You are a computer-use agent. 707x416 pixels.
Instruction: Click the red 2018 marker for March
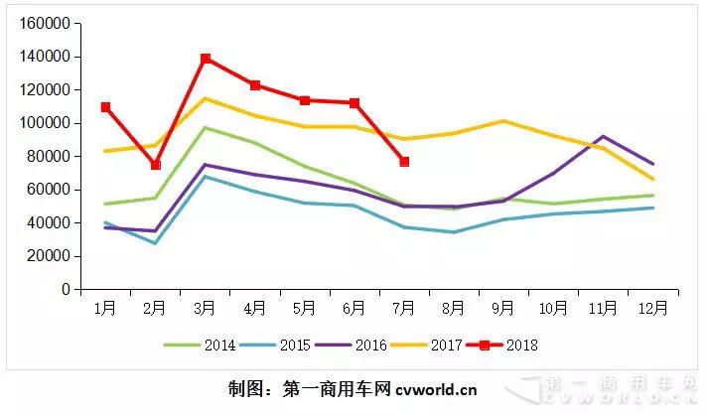click(x=206, y=59)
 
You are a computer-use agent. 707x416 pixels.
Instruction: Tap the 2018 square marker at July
click(x=404, y=162)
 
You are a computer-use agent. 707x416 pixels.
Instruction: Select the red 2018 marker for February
click(x=155, y=165)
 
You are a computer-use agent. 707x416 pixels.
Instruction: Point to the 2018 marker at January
click(x=105, y=107)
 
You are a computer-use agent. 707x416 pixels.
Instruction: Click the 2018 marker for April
click(x=255, y=85)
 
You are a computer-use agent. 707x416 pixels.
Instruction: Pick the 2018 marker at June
click(x=354, y=103)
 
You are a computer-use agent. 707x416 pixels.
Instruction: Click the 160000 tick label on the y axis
click(x=47, y=23)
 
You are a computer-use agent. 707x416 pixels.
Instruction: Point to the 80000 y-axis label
click(x=50, y=156)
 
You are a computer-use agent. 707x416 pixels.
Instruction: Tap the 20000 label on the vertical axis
click(x=50, y=256)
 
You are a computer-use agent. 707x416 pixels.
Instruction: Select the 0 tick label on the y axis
click(x=66, y=289)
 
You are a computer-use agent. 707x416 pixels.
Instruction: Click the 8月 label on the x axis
click(x=454, y=308)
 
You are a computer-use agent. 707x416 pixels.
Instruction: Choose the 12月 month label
click(x=652, y=308)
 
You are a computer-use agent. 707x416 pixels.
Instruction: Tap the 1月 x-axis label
click(x=105, y=308)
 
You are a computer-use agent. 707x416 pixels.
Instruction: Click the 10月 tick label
click(x=553, y=308)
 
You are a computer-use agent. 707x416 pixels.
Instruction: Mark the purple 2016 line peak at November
click(x=603, y=136)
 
